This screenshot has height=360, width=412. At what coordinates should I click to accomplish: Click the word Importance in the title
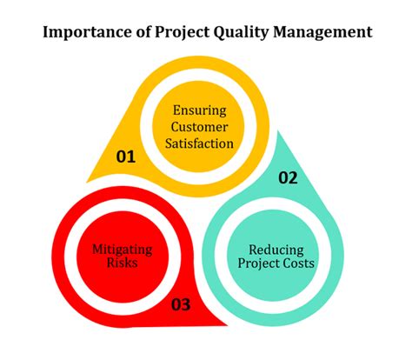click(x=85, y=33)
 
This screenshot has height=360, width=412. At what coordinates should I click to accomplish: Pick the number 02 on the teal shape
click(x=288, y=178)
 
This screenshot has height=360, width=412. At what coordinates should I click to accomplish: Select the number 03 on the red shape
click(x=183, y=305)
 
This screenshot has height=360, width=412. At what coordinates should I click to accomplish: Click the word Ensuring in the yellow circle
click(x=199, y=110)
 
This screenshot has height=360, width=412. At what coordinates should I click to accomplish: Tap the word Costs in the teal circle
click(x=298, y=264)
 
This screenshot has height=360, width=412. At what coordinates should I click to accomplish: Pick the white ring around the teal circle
click(x=276, y=213)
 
